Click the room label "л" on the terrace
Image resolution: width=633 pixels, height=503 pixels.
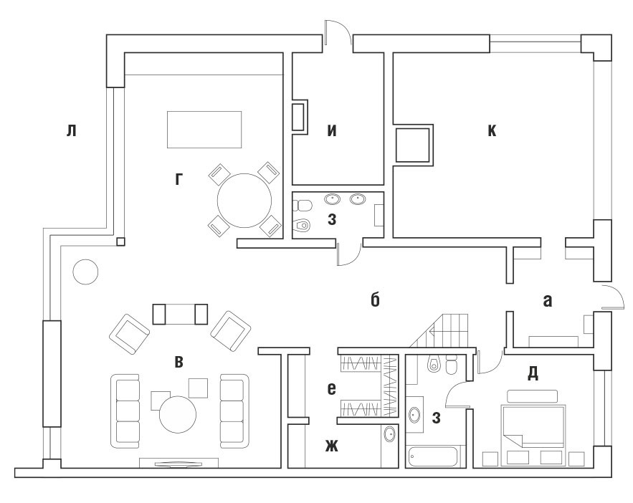tap(72, 130)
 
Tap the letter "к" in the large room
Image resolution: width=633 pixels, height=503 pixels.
tap(492, 130)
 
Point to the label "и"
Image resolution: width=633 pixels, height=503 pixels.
tap(332, 130)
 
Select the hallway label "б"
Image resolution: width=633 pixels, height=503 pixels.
tap(375, 300)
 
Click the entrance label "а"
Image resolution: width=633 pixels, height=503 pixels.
tap(548, 301)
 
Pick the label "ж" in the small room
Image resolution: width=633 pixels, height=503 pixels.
tap(332, 446)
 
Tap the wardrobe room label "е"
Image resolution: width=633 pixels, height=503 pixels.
tap(331, 389)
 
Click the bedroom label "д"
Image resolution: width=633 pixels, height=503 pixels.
tap(533, 374)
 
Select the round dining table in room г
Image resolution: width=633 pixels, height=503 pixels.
tap(244, 201)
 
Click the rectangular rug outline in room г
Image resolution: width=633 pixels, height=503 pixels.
tap(204, 130)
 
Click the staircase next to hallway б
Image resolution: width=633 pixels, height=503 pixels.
tap(444, 331)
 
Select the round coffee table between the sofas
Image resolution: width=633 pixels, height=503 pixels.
tap(178, 415)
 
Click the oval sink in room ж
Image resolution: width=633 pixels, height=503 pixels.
tap(389, 434)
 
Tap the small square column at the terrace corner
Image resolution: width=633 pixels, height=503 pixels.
tap(120, 241)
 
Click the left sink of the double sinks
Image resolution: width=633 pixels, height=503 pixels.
tap(332, 198)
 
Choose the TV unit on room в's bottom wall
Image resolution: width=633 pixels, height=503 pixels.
tap(179, 463)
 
